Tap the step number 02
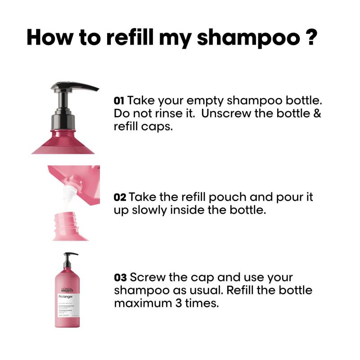120,197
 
